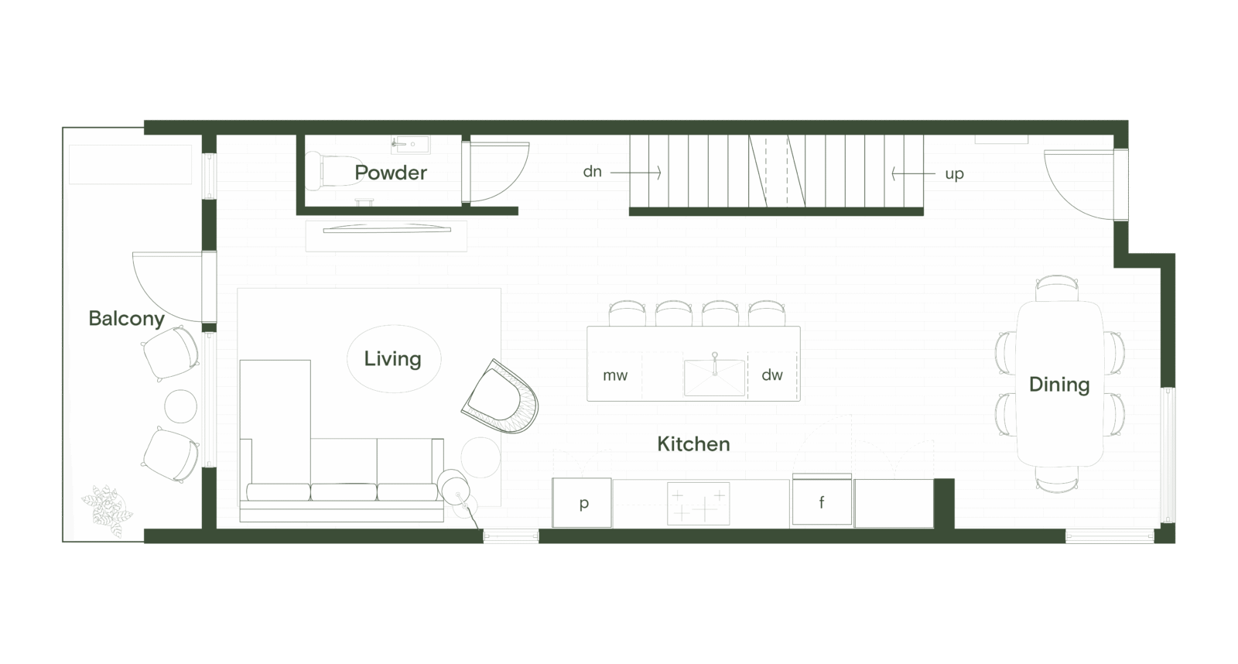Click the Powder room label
click(391, 173)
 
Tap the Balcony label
click(126, 319)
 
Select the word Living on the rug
click(392, 359)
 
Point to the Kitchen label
click(693, 444)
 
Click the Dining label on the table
click(1058, 385)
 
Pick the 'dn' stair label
click(592, 172)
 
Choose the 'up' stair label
click(954, 174)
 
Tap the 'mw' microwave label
click(615, 375)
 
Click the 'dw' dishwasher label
click(772, 375)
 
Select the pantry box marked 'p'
click(583, 503)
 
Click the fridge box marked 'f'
click(822, 502)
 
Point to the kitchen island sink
click(714, 377)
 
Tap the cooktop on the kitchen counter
click(698, 503)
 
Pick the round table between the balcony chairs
click(180, 406)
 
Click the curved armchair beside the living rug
click(501, 399)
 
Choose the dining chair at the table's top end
click(1057, 288)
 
